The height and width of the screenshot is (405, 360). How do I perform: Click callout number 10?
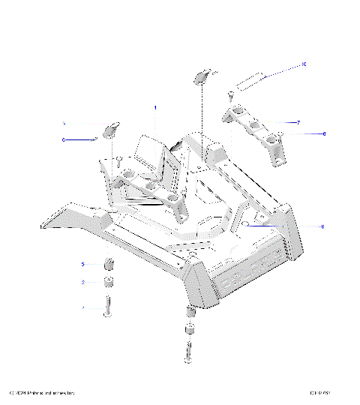tap(304, 64)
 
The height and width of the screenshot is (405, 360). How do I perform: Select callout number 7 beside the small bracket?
tap(298, 121)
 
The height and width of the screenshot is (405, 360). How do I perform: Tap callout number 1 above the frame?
tap(155, 108)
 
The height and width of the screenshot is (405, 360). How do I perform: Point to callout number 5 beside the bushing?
tap(83, 264)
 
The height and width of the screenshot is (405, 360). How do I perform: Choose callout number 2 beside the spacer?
tap(83, 283)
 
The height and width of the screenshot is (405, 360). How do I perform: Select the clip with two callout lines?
tap(110, 129)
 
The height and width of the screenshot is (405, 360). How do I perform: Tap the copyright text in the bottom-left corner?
tap(41, 393)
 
